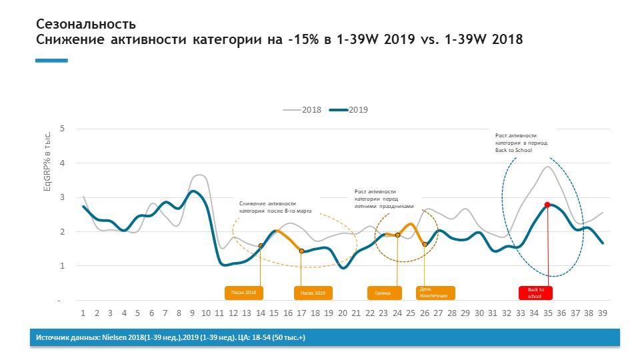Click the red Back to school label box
(x=535, y=293)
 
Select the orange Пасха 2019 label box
(x=313, y=293)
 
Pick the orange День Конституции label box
(x=437, y=293)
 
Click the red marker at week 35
(x=547, y=205)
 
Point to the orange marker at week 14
(x=261, y=245)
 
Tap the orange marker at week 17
(x=301, y=251)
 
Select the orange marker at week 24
(x=397, y=235)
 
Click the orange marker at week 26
(x=425, y=245)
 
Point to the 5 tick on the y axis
(x=62, y=129)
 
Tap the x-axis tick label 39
(x=602, y=313)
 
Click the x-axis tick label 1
(x=83, y=313)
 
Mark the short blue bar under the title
(x=52, y=61)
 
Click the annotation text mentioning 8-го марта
(x=267, y=207)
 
